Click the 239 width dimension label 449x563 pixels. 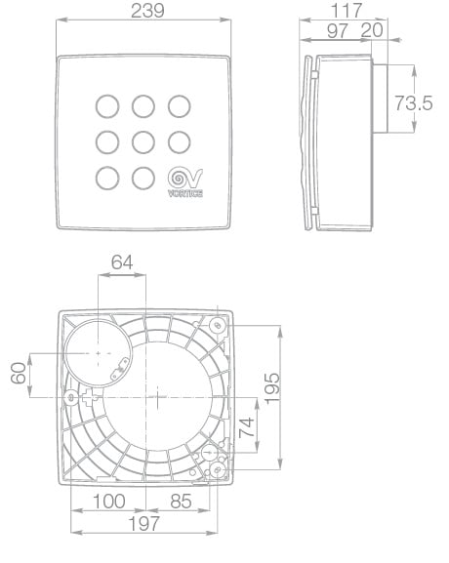point(147,11)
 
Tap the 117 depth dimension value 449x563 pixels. point(346,11)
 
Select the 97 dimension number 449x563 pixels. point(338,31)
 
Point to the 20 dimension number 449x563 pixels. point(372,30)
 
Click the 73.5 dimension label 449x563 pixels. point(414,103)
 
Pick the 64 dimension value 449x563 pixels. point(122,262)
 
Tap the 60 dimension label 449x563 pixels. point(19,373)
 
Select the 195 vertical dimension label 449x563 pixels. point(272,389)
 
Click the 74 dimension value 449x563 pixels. point(247,427)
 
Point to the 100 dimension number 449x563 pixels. point(109,501)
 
